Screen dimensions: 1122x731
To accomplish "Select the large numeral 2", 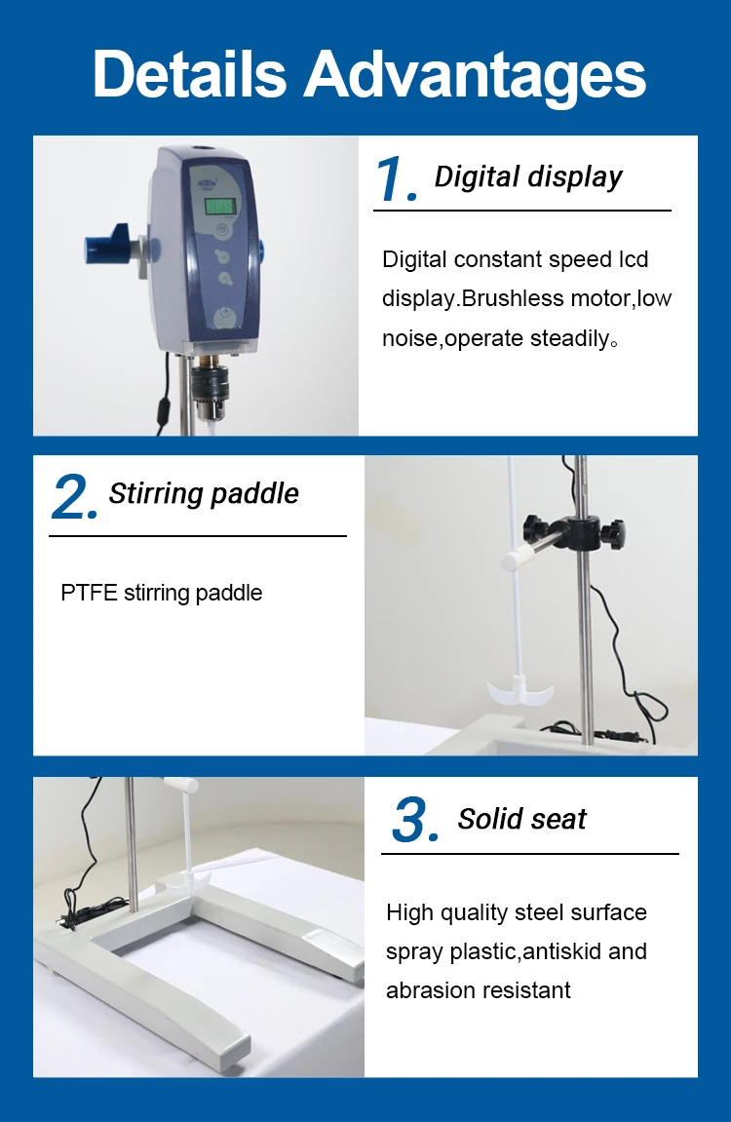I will pos(73,497).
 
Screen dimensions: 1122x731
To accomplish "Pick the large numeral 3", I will pos(415,821).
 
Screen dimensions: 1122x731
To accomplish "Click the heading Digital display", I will pos(528,177).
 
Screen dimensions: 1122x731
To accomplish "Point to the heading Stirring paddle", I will pos(204,493).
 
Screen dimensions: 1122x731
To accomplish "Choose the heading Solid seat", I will pos(522,820).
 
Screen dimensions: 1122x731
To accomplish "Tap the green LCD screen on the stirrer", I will pos(219,207).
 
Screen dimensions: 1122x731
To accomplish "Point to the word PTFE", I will pos(89,593).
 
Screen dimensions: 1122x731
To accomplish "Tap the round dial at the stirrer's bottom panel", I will pos(225,317).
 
